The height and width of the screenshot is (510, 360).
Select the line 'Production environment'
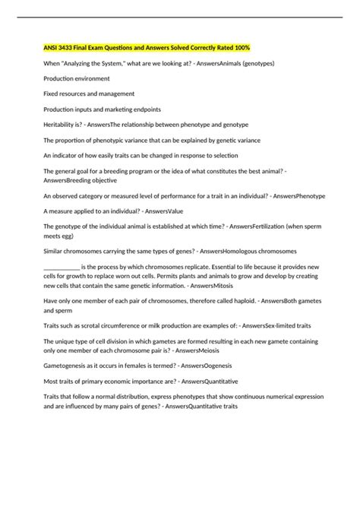point(77,78)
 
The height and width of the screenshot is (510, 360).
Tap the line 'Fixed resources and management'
point(89,93)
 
